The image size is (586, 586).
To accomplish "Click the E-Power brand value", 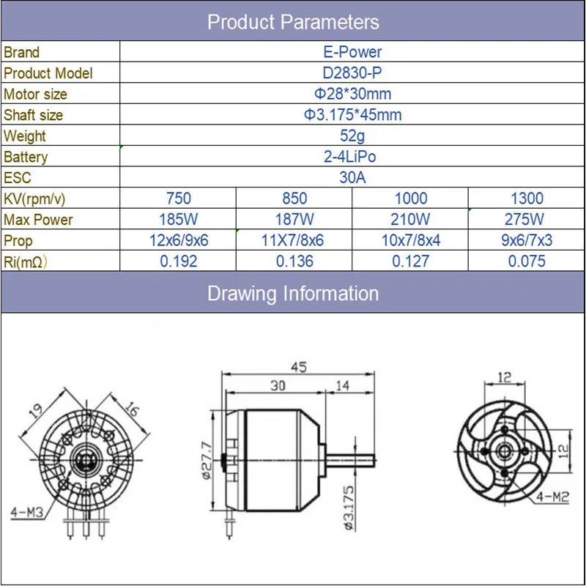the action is (352, 52).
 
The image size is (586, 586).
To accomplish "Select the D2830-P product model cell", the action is (352, 73).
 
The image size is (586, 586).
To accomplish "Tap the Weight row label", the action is (25, 136).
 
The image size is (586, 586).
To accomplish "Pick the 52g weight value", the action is (352, 136).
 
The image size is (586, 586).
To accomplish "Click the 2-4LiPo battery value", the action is (350, 157).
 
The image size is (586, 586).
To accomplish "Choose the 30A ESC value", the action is (352, 177).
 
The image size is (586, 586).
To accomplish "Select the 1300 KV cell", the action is (527, 199).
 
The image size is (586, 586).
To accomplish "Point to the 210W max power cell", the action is (410, 219).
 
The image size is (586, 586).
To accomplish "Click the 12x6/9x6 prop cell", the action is (179, 240).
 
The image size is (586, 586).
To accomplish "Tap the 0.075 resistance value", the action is (527, 262).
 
